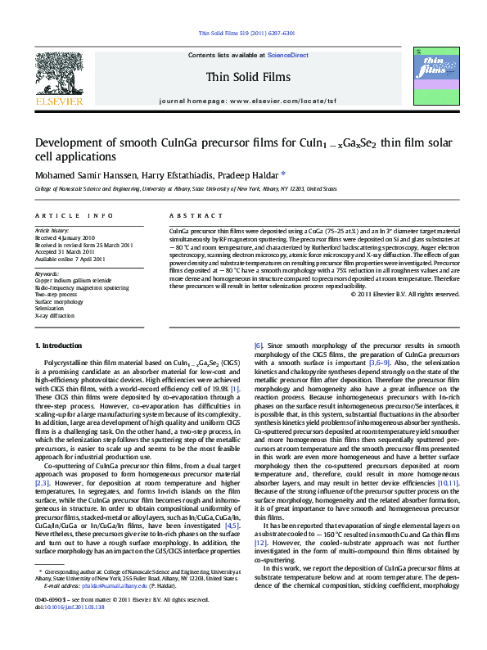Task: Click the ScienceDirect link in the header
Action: click(x=287, y=55)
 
